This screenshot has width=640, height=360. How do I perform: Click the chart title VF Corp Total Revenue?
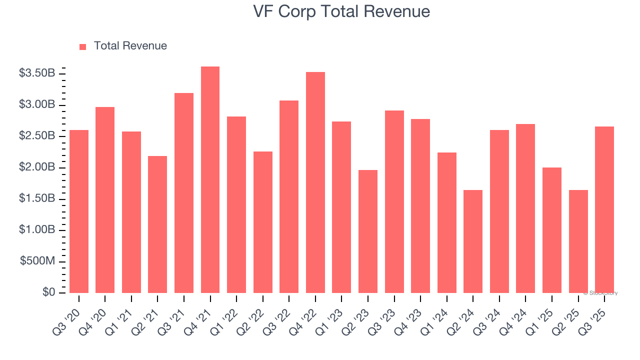(x=341, y=11)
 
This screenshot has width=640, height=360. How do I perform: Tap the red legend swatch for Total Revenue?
(x=83, y=46)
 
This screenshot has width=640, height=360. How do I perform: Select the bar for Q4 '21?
(x=210, y=180)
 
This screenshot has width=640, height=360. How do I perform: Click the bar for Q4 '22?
(x=315, y=182)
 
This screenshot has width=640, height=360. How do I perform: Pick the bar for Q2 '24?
(x=473, y=241)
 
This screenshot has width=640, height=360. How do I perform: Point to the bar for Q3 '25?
(x=604, y=210)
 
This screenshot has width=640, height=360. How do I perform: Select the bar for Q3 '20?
(x=79, y=211)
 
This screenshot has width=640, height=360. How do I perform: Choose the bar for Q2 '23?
(x=368, y=231)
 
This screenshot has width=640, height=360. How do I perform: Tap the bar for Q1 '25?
(x=552, y=230)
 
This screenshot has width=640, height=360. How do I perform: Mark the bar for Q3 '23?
(x=394, y=201)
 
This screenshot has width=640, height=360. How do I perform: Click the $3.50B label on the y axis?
(x=37, y=73)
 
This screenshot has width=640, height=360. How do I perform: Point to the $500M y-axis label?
(x=37, y=261)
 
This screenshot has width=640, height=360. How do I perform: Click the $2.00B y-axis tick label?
(x=37, y=167)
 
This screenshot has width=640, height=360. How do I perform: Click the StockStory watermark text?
(x=600, y=293)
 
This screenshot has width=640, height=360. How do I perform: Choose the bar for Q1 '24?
(x=447, y=222)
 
